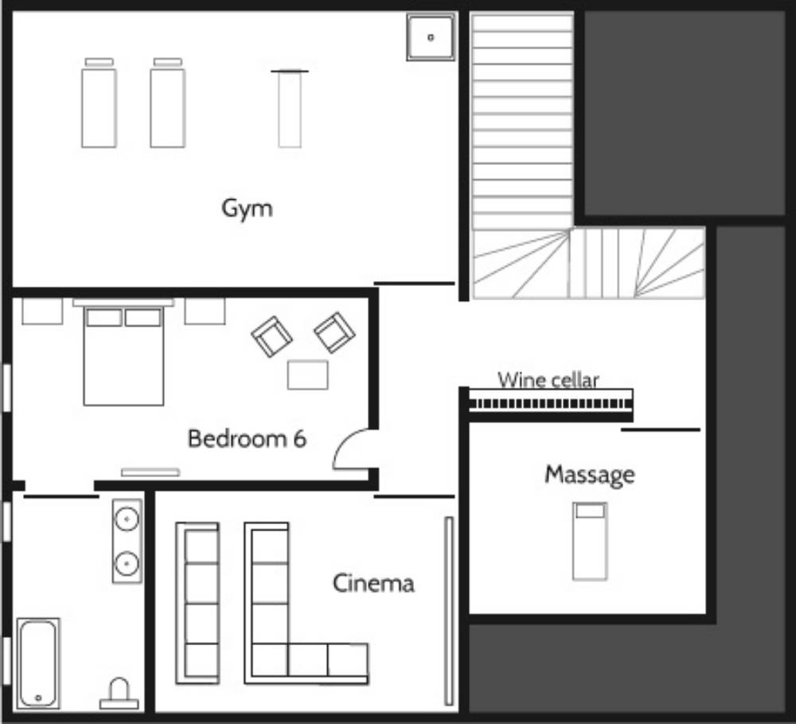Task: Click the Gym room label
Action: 248,209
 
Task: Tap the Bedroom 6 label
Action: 248,439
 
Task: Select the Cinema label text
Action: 373,583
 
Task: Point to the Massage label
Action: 590,475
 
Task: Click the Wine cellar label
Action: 548,380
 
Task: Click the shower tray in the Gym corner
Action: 431,37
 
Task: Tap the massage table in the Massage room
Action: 590,541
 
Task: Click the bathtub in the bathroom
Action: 38,663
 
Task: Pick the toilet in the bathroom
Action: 119,694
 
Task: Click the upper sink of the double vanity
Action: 127,519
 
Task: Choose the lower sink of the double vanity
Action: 127,563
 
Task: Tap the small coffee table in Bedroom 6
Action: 307,375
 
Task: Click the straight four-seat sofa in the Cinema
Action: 197,603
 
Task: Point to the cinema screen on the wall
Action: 449,611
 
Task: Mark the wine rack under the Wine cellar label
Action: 551,405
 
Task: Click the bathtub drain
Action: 38,698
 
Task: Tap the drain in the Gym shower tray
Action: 431,37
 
